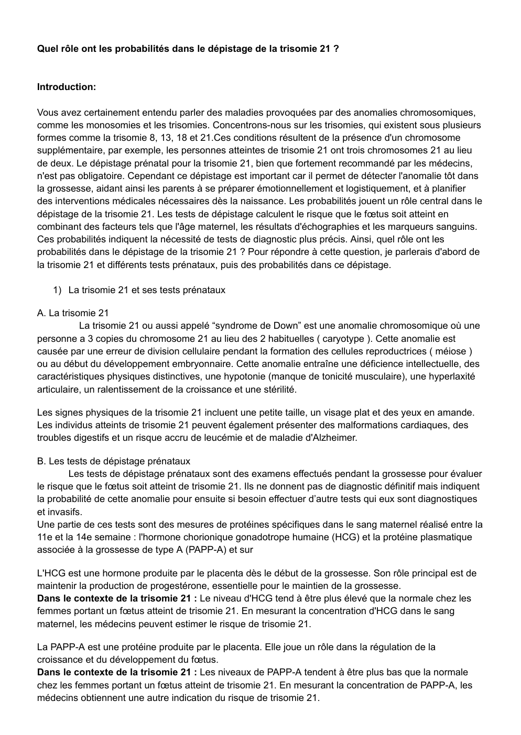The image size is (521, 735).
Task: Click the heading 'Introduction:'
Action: [x=67, y=87]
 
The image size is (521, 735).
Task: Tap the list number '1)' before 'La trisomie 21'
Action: [x=58, y=289]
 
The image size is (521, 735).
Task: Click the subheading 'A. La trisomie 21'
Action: [x=73, y=313]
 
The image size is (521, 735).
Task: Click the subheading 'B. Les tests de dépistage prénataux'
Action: [x=113, y=461]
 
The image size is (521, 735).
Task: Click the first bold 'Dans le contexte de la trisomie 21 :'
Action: [x=117, y=598]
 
